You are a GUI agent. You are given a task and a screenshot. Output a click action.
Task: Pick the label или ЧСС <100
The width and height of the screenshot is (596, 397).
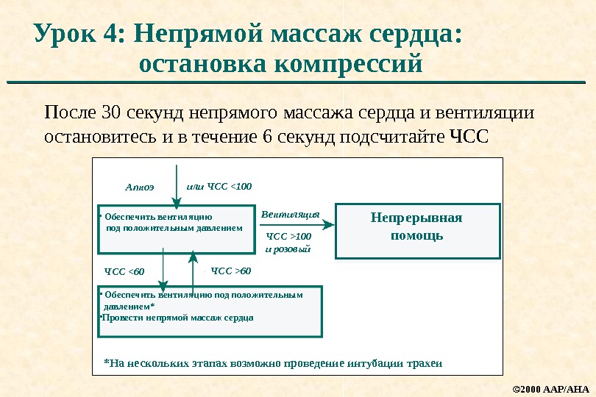(219, 186)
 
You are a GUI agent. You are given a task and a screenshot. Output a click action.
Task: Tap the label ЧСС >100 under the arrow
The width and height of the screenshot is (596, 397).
(288, 236)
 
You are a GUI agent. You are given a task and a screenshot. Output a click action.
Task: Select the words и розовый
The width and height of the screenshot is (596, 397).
(288, 249)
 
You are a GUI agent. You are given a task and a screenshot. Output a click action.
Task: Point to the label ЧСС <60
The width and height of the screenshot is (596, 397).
(125, 273)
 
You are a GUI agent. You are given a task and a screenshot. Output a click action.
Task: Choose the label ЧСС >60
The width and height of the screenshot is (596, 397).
(230, 271)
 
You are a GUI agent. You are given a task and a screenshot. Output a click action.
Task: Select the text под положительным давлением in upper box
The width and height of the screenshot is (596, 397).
(174, 228)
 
